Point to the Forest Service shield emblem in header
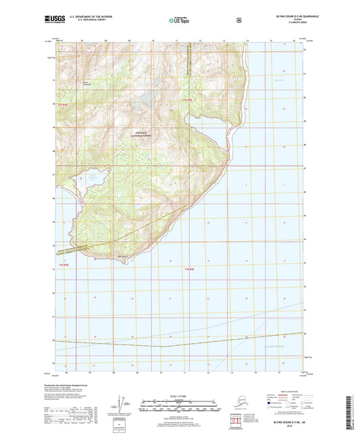coord(238,21)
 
